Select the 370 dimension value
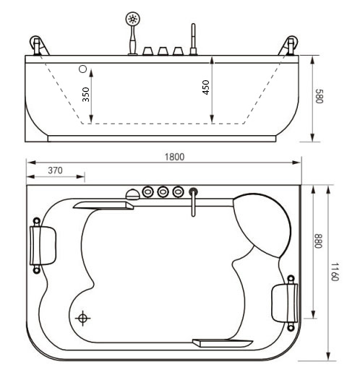54,170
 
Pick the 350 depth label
87,95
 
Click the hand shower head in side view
132,20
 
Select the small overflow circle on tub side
82,69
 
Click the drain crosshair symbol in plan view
84,318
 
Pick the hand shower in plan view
132,194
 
